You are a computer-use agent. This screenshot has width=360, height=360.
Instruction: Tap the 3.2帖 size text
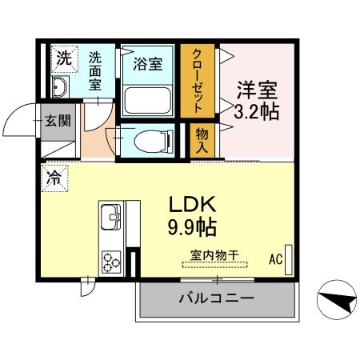click(x=256, y=112)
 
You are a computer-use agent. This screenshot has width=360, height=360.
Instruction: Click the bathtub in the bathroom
click(x=146, y=99)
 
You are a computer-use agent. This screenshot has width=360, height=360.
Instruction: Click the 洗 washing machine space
click(x=62, y=58)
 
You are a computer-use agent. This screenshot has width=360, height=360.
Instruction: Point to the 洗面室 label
click(x=95, y=70)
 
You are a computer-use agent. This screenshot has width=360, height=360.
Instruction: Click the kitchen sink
click(x=110, y=216)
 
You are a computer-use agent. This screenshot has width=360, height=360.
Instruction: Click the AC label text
click(x=275, y=259)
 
